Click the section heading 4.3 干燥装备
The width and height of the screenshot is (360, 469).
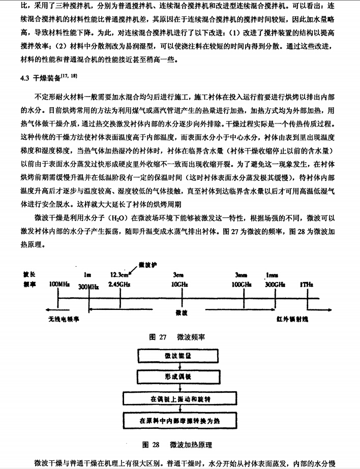pyautogui.click(x=49, y=77)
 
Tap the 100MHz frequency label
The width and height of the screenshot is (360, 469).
pyautogui.click(x=59, y=284)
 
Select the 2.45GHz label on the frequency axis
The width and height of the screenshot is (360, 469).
pyautogui.click(x=119, y=284)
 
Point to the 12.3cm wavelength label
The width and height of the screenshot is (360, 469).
pyautogui.click(x=119, y=275)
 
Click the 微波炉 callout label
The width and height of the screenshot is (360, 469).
pyautogui.click(x=147, y=265)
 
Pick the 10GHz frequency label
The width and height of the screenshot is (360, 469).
pyautogui.click(x=179, y=284)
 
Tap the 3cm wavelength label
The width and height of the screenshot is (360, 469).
pyautogui.click(x=178, y=275)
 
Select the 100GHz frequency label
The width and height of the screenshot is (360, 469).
pyautogui.click(x=242, y=285)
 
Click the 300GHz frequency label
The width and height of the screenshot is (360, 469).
pyautogui.click(x=275, y=285)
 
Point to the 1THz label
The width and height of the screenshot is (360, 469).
pyautogui.click(x=307, y=285)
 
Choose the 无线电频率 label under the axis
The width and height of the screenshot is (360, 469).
pyautogui.click(x=64, y=319)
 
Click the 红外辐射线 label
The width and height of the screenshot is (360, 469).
pyautogui.click(x=292, y=319)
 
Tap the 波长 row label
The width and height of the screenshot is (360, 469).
pyautogui.click(x=29, y=274)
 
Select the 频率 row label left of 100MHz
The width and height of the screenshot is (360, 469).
pyautogui.click(x=29, y=284)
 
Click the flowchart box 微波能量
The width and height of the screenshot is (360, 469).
pyautogui.click(x=178, y=356)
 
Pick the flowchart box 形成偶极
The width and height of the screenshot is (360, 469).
pyautogui.click(x=178, y=377)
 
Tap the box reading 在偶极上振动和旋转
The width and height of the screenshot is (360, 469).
pyautogui.click(x=180, y=399)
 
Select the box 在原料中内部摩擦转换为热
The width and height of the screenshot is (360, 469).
pyautogui.click(x=180, y=421)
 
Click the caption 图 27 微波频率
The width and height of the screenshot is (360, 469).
pyautogui.click(x=177, y=337)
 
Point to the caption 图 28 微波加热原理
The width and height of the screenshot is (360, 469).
pyautogui.click(x=177, y=445)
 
